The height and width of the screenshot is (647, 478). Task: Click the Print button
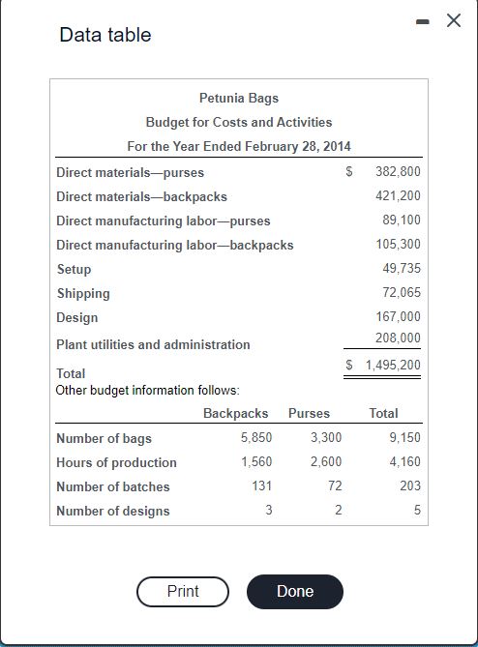[x=183, y=591]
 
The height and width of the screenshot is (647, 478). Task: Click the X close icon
[x=453, y=20]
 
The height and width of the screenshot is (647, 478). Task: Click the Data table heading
[x=105, y=35]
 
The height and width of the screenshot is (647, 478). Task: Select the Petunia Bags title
[x=239, y=98]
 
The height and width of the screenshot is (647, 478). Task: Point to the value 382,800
[x=398, y=171]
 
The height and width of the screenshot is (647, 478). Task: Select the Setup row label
[x=75, y=269]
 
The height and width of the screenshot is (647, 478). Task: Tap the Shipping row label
[x=83, y=293]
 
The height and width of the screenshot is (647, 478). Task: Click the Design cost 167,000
[x=398, y=317]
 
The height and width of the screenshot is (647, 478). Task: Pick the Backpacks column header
[x=235, y=413]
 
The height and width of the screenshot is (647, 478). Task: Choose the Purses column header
[x=309, y=413]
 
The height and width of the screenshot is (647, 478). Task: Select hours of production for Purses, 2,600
[x=325, y=462]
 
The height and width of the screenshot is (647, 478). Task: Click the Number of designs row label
[x=113, y=511]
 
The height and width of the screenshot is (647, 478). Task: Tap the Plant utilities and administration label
[x=153, y=344]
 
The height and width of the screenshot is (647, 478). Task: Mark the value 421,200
[x=398, y=195]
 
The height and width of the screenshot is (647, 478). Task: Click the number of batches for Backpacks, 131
[x=261, y=486]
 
